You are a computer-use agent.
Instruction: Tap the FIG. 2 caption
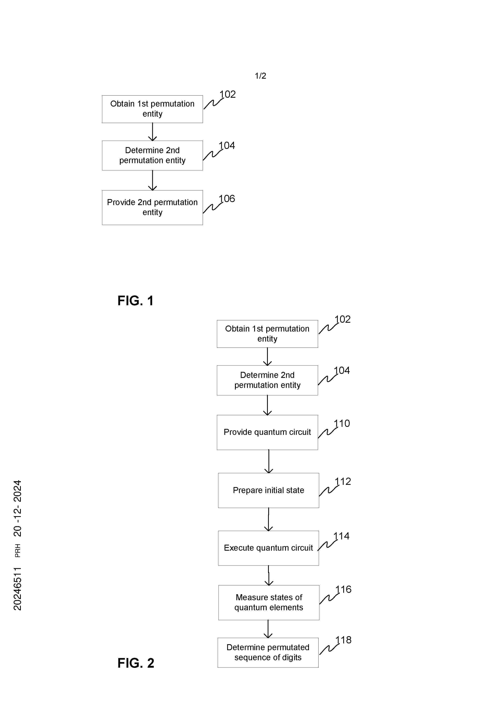(x=136, y=663)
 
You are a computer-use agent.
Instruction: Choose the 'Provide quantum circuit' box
(x=267, y=432)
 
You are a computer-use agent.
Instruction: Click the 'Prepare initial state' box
(x=269, y=490)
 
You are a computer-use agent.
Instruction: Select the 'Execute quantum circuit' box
(x=269, y=548)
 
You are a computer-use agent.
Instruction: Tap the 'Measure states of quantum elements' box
(x=269, y=602)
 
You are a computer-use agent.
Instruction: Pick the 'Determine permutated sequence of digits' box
(x=268, y=652)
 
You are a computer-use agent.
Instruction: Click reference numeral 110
(x=342, y=423)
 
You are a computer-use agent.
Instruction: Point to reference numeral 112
(x=343, y=481)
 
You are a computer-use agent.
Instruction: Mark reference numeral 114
(x=341, y=536)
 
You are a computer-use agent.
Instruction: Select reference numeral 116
(x=343, y=589)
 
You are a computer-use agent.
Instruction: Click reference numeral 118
(x=343, y=640)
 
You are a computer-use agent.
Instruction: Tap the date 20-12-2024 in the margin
(x=17, y=508)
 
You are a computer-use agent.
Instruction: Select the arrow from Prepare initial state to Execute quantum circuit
(x=269, y=519)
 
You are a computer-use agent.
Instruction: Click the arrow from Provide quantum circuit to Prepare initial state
(x=269, y=461)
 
